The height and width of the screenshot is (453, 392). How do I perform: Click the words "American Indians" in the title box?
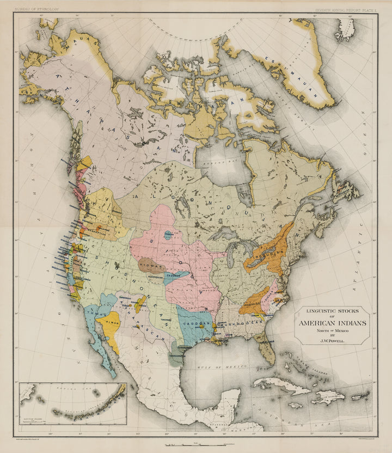[x=332, y=323]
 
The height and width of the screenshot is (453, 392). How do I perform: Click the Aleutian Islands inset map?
[x=73, y=403]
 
